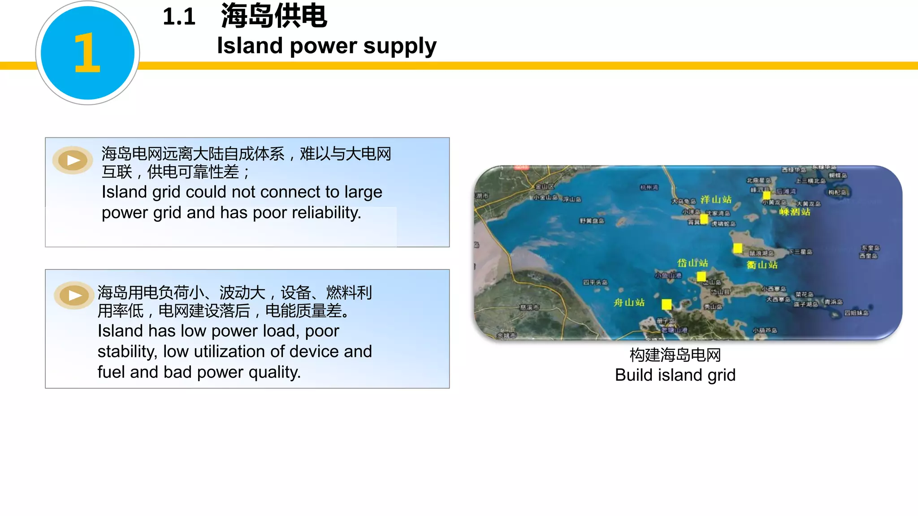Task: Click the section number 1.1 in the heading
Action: click(179, 17)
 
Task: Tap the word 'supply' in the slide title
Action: click(400, 47)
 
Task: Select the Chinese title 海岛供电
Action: click(274, 16)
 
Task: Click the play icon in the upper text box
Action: click(73, 160)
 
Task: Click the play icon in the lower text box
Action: click(74, 295)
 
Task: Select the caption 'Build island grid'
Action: click(675, 375)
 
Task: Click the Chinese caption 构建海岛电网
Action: click(675, 355)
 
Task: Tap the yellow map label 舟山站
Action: click(629, 302)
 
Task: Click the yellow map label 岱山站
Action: click(693, 263)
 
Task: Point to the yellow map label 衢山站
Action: click(762, 265)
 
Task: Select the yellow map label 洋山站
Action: click(716, 199)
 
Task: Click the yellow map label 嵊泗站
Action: click(795, 211)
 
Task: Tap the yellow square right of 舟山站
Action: click(667, 305)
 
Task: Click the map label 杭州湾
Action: click(649, 187)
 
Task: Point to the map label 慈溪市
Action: click(529, 307)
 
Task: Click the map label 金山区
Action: click(545, 186)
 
